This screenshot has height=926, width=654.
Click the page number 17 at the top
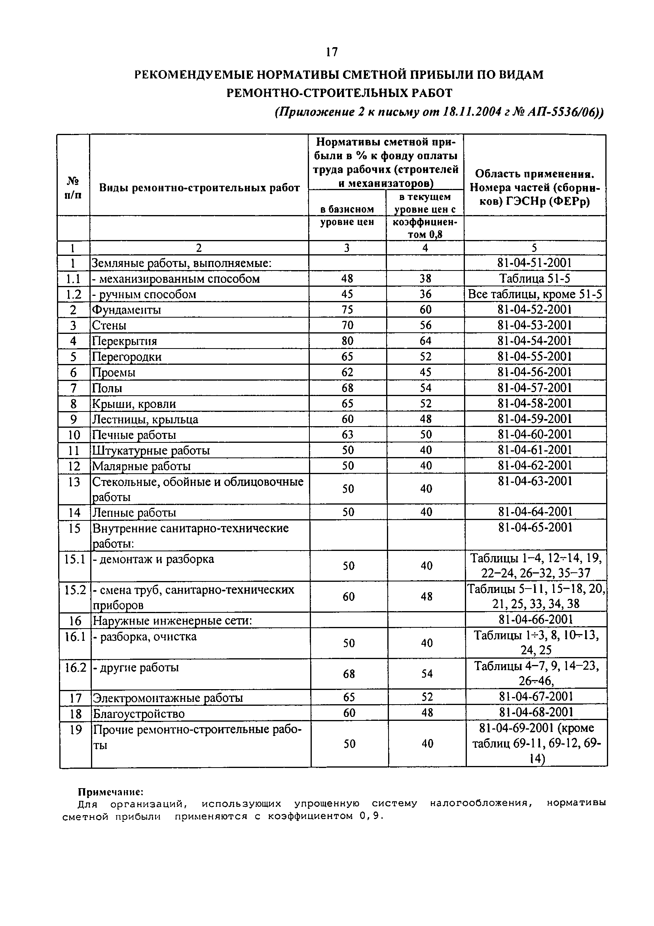(x=332, y=52)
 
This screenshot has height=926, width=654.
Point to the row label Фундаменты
(x=127, y=310)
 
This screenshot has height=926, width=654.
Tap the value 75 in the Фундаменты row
(x=347, y=310)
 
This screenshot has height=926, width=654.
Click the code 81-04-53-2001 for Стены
(x=535, y=326)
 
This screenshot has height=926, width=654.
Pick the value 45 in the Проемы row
(x=426, y=372)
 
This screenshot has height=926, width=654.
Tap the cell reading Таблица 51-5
(x=535, y=279)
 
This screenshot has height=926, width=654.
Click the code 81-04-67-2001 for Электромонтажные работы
(x=536, y=697)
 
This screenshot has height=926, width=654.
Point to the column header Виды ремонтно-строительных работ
(x=199, y=188)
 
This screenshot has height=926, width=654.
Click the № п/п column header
(x=73, y=188)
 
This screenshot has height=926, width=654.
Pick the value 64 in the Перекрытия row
(x=426, y=341)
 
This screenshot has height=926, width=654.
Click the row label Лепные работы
(x=134, y=513)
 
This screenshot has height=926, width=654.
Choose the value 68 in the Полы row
(x=347, y=388)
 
